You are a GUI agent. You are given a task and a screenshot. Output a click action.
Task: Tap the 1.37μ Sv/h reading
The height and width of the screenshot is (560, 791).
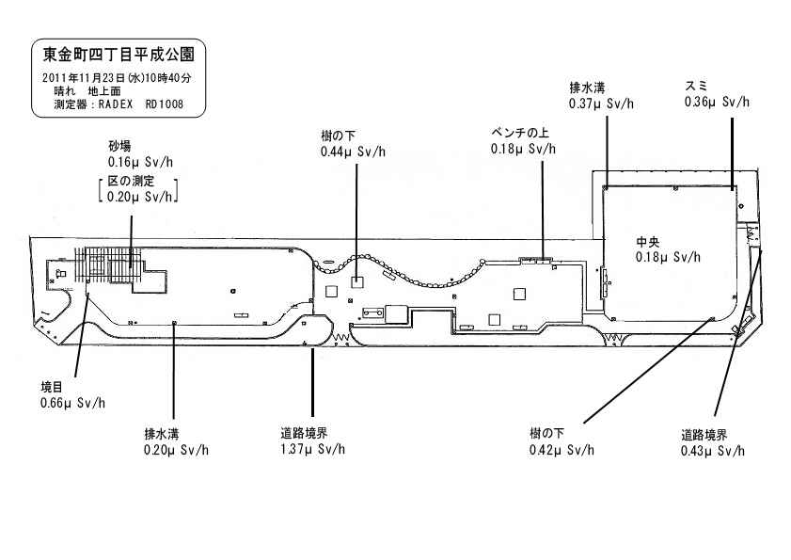pos(312,449)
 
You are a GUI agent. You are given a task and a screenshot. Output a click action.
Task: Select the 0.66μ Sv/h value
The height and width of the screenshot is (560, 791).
pos(72,403)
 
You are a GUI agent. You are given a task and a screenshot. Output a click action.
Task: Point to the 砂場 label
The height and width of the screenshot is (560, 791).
pos(119,147)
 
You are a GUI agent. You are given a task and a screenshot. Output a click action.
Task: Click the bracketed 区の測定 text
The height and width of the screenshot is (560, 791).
pos(137,181)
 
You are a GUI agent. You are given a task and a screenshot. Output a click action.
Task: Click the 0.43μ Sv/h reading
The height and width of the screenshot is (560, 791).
pos(713,451)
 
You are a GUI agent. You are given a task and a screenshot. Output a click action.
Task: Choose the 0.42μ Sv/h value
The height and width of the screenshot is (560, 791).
pos(562,449)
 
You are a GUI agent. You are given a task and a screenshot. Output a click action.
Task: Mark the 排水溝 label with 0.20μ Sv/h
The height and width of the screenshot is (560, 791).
pos(161,433)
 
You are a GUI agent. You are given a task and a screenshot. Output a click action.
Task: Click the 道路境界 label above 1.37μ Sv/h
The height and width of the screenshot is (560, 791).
pos(304,433)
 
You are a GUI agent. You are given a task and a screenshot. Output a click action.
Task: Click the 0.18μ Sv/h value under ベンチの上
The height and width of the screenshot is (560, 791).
pos(523,149)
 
